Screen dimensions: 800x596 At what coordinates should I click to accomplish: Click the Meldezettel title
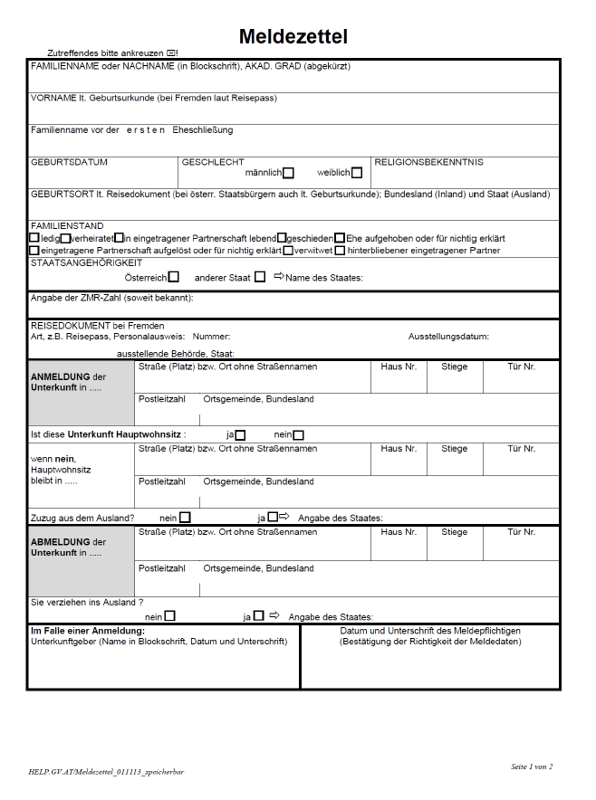293,37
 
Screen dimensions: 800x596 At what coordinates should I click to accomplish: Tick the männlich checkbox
288,173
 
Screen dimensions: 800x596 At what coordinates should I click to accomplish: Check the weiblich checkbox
357,173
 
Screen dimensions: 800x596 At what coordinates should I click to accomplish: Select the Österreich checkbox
174,277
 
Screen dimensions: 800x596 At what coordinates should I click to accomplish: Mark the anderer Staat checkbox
260,277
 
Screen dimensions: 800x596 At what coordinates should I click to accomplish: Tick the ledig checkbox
34,238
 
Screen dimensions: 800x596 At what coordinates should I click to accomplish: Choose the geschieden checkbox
282,238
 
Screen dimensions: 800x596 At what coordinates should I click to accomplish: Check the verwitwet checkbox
288,251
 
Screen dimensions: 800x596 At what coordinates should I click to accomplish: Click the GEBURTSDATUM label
69,163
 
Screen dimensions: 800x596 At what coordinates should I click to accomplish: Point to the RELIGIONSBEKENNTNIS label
428,163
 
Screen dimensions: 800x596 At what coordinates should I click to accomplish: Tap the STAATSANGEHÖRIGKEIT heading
87,262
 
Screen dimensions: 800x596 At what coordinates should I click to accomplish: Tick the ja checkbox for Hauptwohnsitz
240,435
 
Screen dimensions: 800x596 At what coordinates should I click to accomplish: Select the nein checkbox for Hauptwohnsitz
298,435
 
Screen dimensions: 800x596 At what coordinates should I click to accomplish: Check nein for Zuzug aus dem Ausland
185,518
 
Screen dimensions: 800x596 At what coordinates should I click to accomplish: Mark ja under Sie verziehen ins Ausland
258,616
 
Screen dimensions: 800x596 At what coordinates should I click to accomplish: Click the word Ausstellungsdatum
448,337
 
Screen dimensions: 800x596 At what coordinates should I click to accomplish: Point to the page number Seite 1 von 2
531,767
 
